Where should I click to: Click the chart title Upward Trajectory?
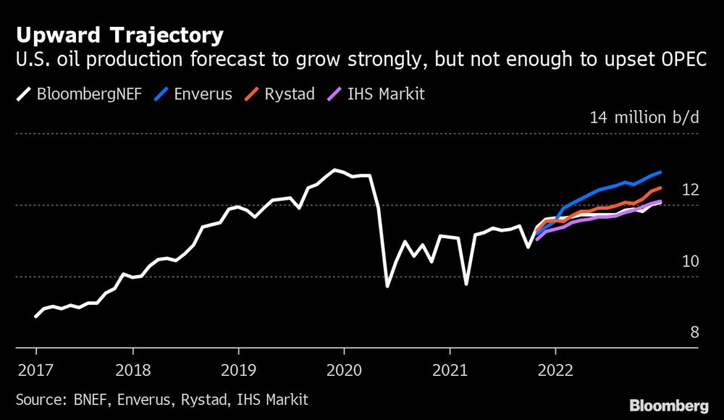[x=119, y=35]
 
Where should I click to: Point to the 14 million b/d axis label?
[x=644, y=118]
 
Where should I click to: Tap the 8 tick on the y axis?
[x=694, y=332]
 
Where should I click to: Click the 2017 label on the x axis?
[x=36, y=371]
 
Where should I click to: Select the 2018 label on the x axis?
[x=132, y=371]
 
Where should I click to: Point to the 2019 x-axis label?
[x=237, y=371]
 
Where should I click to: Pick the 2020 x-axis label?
[x=343, y=371]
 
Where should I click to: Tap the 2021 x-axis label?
[x=448, y=371]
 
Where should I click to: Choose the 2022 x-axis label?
[x=554, y=371]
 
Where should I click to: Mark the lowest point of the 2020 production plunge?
[x=387, y=287]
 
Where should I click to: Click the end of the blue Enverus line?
[x=660, y=172]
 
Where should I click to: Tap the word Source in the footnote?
[x=38, y=399]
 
